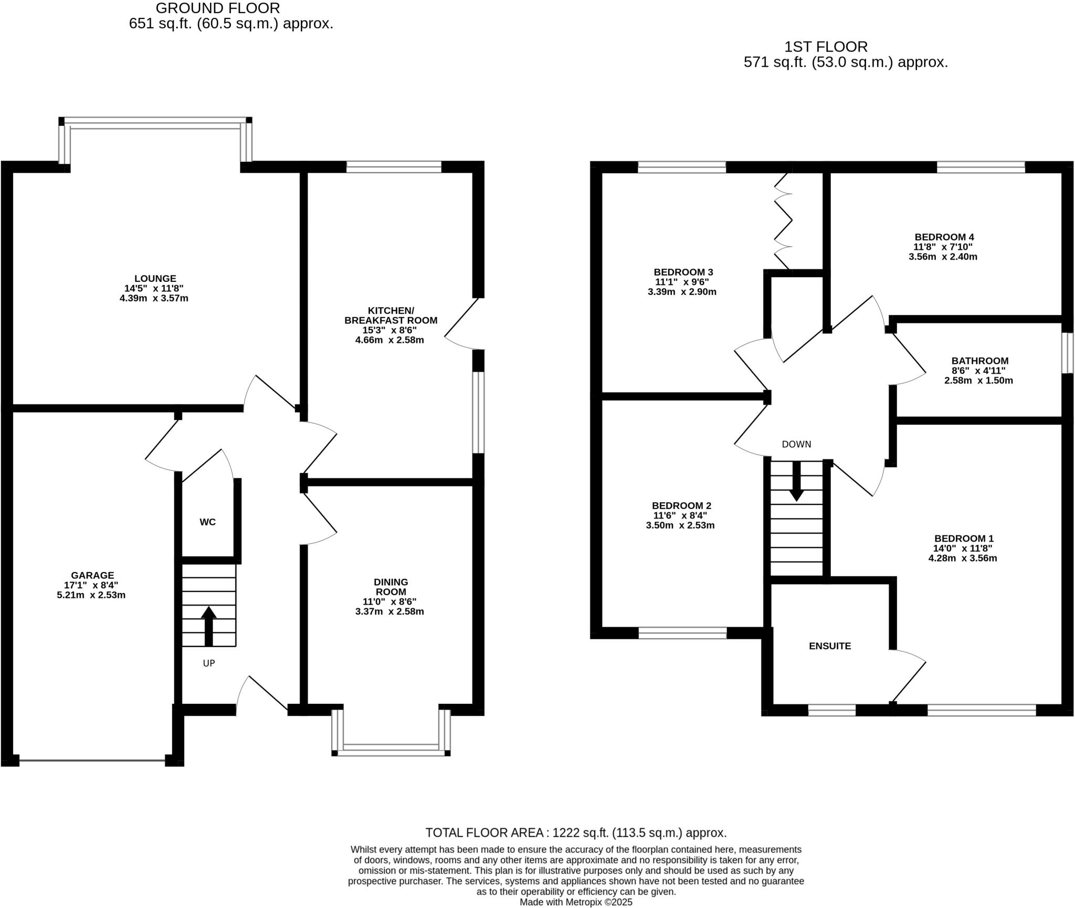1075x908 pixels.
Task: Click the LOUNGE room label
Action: (x=155, y=279)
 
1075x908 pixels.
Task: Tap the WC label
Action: (x=207, y=522)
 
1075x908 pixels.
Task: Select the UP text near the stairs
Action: (x=209, y=663)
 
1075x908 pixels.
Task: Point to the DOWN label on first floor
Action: (x=796, y=445)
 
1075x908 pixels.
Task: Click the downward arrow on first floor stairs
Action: (x=796, y=481)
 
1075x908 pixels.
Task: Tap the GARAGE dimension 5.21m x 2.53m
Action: (x=91, y=595)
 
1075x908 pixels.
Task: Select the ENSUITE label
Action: (x=830, y=646)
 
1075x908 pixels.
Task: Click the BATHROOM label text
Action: (x=979, y=361)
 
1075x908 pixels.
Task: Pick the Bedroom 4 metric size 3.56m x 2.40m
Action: (x=943, y=257)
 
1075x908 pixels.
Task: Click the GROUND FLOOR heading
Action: (x=218, y=8)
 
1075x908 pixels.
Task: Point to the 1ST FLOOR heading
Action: (x=826, y=47)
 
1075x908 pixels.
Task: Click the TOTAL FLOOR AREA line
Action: (x=576, y=833)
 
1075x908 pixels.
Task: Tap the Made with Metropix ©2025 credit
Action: (x=576, y=902)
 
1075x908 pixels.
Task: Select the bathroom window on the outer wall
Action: (x=1068, y=353)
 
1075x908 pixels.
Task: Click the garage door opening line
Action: (x=92, y=760)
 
